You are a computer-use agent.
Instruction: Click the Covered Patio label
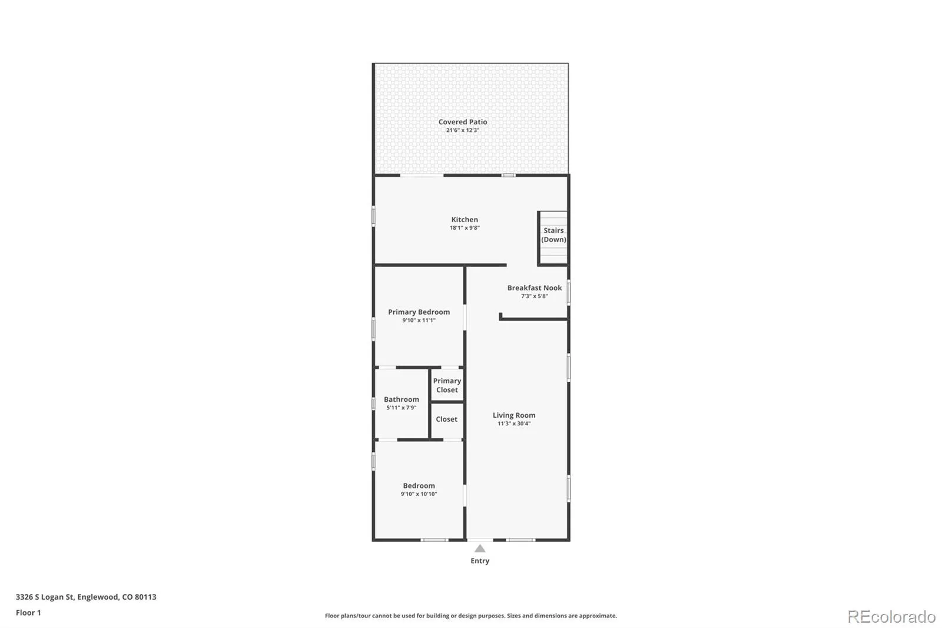pyautogui.click(x=463, y=122)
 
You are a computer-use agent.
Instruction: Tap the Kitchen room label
pyautogui.click(x=465, y=219)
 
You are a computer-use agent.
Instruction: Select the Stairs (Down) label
pyautogui.click(x=553, y=235)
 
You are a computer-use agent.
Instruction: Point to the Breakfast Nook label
pyautogui.click(x=534, y=288)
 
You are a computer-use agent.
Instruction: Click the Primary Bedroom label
pyautogui.click(x=419, y=312)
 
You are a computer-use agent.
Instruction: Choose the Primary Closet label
pyautogui.click(x=447, y=385)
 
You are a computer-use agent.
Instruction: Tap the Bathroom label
pyautogui.click(x=401, y=399)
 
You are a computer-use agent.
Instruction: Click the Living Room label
pyautogui.click(x=514, y=415)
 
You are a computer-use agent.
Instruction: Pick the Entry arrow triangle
pyautogui.click(x=480, y=548)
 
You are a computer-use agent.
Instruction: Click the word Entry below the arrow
pyautogui.click(x=480, y=561)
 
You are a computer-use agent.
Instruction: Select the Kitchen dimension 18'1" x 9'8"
pyautogui.click(x=465, y=228)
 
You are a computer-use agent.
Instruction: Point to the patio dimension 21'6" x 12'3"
pyautogui.click(x=463, y=130)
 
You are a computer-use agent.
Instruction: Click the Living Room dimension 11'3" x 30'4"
pyautogui.click(x=514, y=424)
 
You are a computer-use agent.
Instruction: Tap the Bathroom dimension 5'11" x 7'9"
pyautogui.click(x=401, y=408)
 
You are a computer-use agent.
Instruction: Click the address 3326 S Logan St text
pyautogui.click(x=45, y=597)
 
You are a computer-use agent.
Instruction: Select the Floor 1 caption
pyautogui.click(x=28, y=613)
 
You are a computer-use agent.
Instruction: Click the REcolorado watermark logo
pyautogui.click(x=891, y=617)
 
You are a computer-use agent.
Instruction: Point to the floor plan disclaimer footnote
pyautogui.click(x=470, y=616)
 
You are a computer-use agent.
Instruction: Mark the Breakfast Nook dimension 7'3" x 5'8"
pyautogui.click(x=534, y=296)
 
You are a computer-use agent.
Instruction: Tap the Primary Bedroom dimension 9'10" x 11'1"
pyautogui.click(x=419, y=320)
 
